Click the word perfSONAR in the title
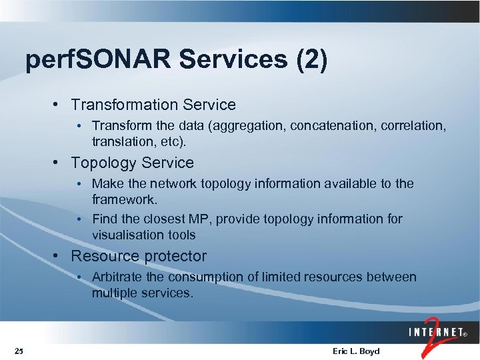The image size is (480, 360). coord(99,59)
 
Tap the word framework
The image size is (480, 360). coord(125,199)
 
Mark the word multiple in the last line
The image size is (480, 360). coord(114,293)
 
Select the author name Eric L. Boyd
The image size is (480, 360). coord(356,351)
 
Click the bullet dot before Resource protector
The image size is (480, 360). coord(60,256)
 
